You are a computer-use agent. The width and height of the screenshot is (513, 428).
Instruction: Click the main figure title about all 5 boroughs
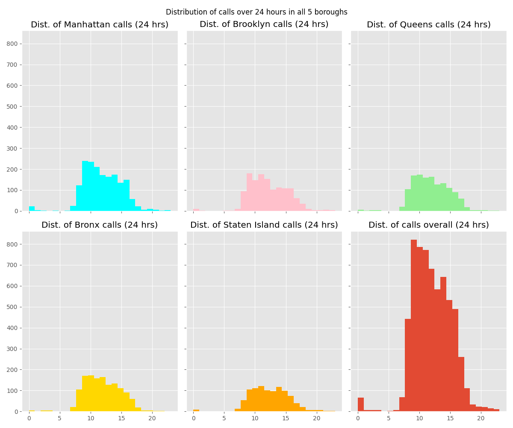(256, 12)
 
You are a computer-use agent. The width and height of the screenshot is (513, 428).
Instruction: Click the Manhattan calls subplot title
(100, 25)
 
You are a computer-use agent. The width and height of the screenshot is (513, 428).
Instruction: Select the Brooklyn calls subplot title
(264, 24)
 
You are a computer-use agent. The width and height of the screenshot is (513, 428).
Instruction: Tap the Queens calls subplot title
(428, 25)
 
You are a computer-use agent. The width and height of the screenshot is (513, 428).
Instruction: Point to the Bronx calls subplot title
(100, 225)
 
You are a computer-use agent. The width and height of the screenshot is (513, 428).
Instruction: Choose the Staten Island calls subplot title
(264, 225)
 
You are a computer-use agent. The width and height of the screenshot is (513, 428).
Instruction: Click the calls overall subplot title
(428, 225)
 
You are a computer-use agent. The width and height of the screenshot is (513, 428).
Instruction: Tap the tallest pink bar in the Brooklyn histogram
(249, 193)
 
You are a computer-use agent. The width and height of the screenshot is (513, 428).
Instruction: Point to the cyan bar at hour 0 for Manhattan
(32, 208)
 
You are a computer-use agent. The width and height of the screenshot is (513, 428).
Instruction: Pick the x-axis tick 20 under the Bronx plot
(152, 418)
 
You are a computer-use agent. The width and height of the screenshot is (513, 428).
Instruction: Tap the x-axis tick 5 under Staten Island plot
(224, 418)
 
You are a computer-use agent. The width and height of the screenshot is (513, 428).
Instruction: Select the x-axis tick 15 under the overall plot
(450, 418)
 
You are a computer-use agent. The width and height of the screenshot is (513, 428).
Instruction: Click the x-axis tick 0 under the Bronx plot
(29, 418)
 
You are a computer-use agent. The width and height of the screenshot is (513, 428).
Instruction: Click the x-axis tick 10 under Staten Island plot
(255, 418)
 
